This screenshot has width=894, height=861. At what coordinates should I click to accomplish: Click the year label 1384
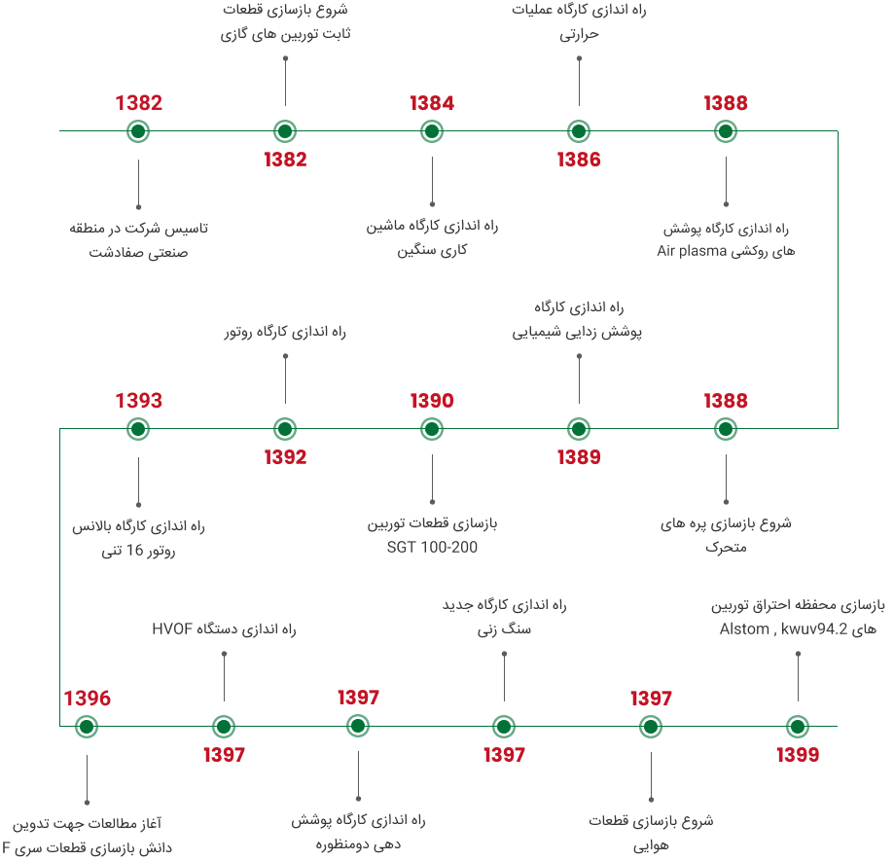click(432, 103)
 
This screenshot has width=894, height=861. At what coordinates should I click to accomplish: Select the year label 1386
click(579, 161)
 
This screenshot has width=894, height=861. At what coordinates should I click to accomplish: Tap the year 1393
click(139, 401)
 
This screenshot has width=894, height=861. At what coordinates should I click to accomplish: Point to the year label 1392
click(285, 457)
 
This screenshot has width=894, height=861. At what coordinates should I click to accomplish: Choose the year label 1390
click(432, 401)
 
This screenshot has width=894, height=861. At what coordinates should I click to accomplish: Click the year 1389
click(579, 457)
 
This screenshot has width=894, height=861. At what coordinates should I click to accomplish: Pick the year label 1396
click(88, 699)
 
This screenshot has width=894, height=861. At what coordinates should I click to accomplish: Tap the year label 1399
click(798, 755)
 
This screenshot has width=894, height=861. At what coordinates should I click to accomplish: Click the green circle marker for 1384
click(432, 131)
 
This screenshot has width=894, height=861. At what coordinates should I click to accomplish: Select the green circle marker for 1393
click(138, 429)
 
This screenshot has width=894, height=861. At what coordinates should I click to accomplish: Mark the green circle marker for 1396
click(88, 727)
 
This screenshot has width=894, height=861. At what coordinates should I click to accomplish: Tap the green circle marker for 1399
click(798, 727)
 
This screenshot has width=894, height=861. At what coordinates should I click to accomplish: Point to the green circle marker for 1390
click(432, 429)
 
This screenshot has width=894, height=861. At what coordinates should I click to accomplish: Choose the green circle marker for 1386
click(579, 131)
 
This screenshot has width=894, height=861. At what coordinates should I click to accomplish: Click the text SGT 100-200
click(432, 548)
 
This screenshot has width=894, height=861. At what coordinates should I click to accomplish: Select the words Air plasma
click(692, 251)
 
